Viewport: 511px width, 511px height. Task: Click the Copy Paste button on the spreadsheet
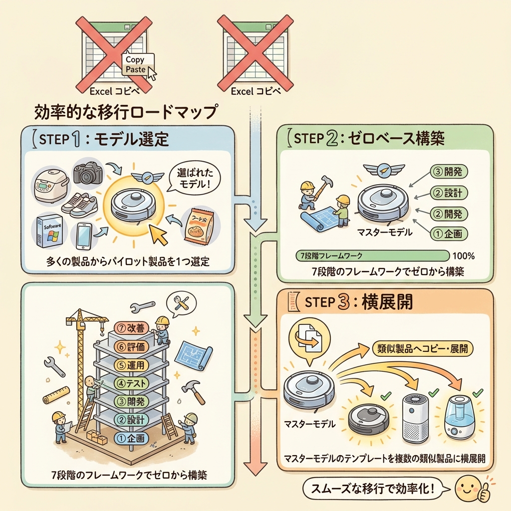coord(138,64)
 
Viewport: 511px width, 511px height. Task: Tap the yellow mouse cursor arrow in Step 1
coord(161,233)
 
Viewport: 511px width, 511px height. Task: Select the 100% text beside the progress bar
coord(463,256)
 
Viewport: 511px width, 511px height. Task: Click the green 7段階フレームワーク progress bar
coord(371,256)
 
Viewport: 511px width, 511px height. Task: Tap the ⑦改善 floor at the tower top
coord(132,328)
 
